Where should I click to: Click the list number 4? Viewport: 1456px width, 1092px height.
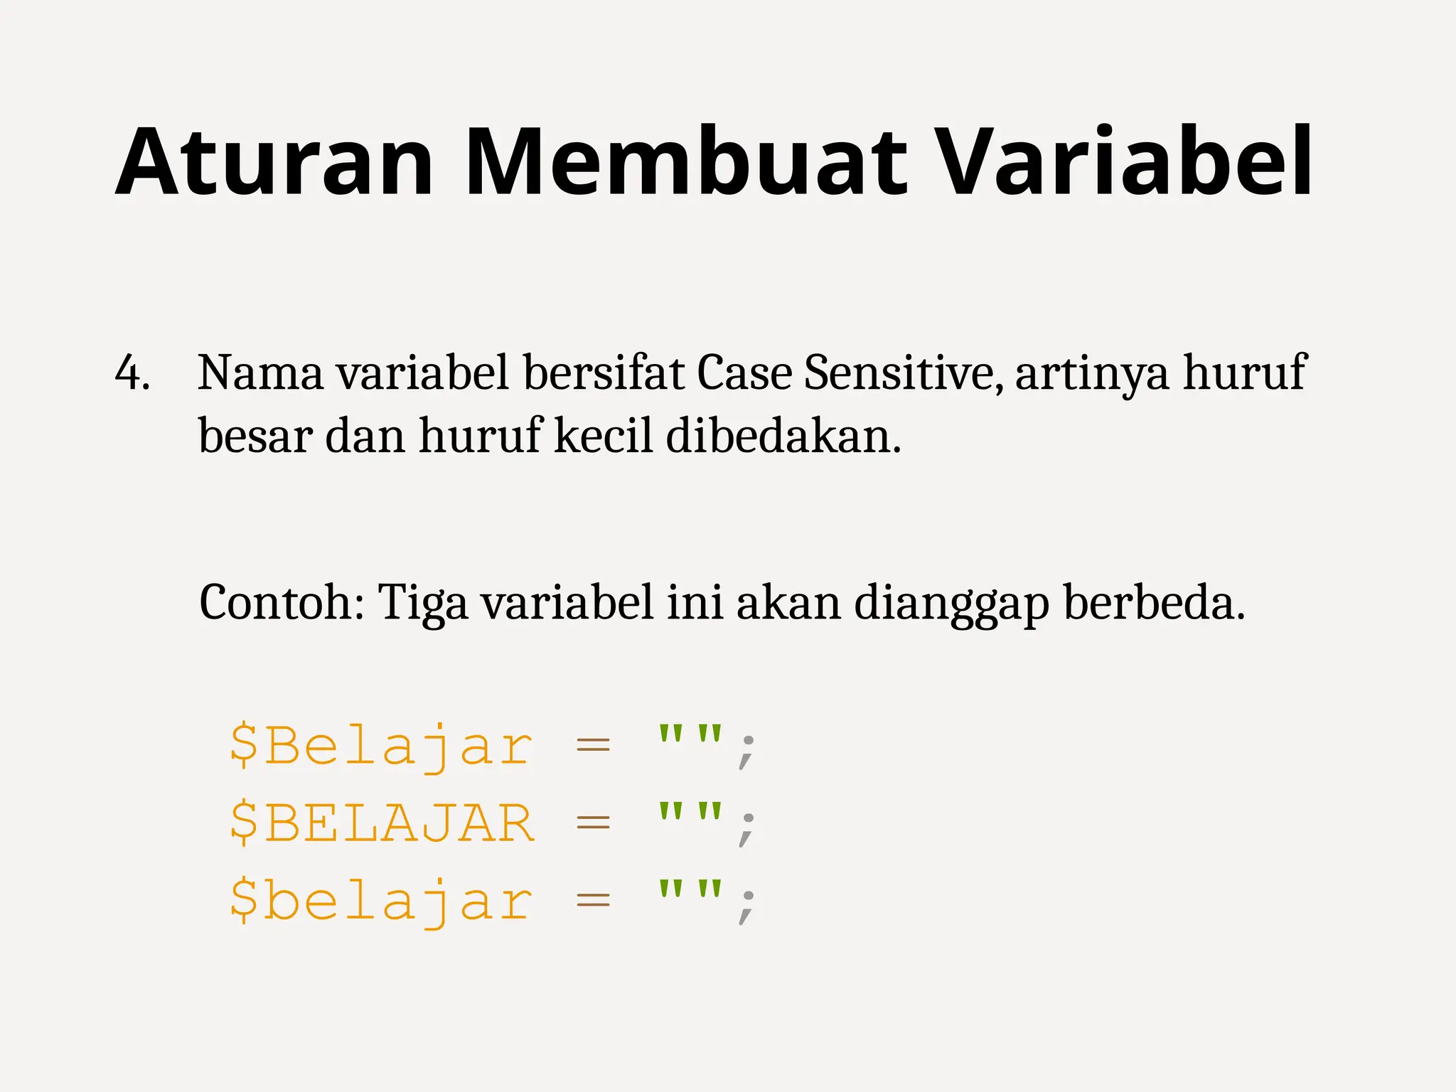point(132,373)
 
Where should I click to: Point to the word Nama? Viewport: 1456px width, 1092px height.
point(260,373)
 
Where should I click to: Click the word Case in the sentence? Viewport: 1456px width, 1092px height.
point(744,373)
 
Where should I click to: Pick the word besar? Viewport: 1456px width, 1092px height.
point(255,435)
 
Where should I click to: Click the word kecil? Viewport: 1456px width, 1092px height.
point(603,435)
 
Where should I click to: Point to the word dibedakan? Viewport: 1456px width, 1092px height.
point(783,435)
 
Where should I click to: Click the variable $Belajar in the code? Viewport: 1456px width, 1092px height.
point(381,746)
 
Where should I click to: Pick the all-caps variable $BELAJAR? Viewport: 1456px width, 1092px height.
point(381,823)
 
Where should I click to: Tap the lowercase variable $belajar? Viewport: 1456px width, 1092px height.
point(381,901)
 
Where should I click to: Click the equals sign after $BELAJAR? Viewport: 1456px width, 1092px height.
point(593,823)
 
